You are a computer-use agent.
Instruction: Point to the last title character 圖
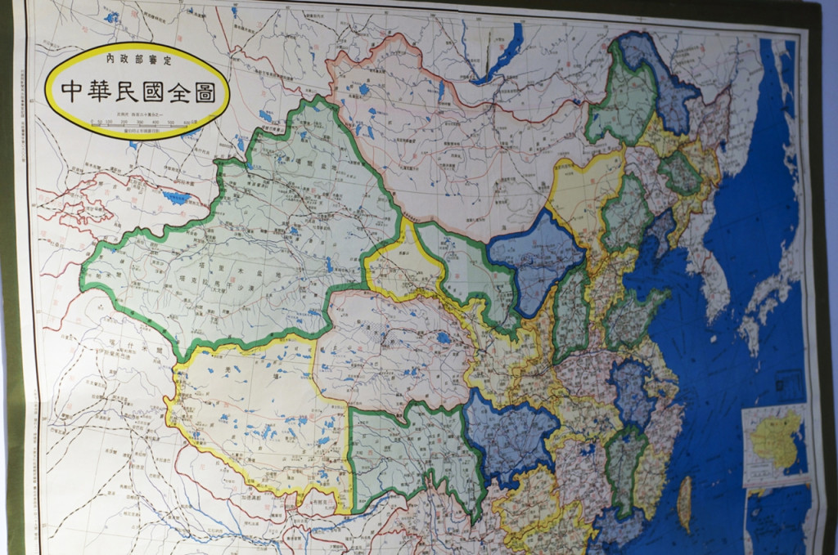pyautogui.click(x=204, y=92)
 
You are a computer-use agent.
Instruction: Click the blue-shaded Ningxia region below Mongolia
pyautogui.click(x=536, y=262)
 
